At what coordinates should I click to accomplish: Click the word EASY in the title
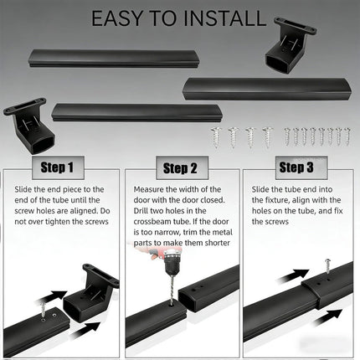118,18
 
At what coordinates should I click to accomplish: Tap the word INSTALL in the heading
225,18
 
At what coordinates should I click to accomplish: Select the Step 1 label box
58,167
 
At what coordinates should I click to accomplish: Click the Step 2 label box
182,168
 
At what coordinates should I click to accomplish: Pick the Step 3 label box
301,167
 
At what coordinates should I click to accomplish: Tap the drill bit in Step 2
171,290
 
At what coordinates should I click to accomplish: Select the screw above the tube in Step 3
327,267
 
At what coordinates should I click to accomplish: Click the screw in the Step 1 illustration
43,310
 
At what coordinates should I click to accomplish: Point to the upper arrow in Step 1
52,297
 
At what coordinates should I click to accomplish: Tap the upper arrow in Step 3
293,275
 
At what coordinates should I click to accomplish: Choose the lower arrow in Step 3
328,317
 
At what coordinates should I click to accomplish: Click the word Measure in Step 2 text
148,189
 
